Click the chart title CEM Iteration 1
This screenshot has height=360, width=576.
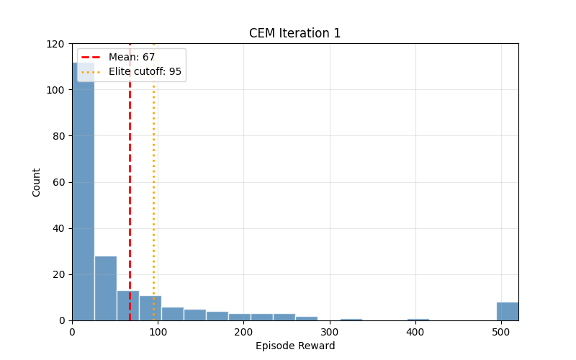294,33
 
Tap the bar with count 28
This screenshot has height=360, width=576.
105,288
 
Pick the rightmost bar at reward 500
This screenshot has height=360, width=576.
507,311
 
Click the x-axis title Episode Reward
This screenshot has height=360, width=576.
294,346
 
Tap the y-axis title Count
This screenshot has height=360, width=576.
37,182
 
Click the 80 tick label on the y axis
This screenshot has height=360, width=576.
58,136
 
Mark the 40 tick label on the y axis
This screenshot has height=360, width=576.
58,228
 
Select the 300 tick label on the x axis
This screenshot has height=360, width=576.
329,332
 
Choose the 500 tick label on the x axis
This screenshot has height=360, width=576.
501,332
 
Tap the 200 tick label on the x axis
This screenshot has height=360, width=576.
243,332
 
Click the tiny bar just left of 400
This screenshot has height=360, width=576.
418,319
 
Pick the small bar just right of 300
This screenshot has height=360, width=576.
351,319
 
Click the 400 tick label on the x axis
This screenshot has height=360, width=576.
415,332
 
